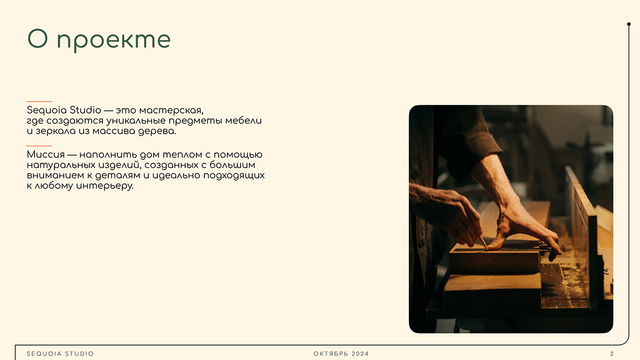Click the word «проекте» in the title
114,41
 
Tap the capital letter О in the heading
37,38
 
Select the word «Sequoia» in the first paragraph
46,110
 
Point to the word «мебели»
243,121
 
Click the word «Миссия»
46,155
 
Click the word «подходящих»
234,175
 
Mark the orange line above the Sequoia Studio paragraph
39,101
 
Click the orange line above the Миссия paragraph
39,146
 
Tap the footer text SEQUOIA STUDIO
60,354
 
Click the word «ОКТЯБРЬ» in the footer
331,354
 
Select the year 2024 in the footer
360,354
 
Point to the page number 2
612,354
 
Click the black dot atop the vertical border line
629,24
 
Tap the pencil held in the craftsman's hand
483,243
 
